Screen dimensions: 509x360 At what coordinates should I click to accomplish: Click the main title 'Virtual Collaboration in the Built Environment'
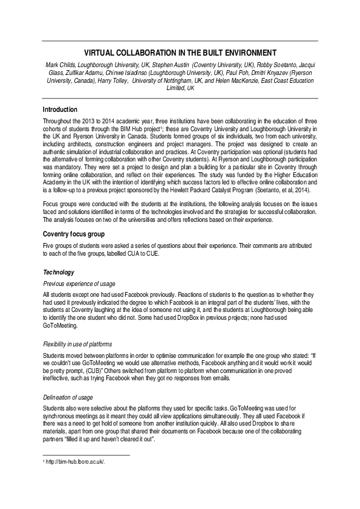point(180,53)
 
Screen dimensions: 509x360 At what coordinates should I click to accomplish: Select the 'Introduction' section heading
point(60,110)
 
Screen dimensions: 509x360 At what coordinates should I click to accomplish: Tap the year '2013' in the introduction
point(80,121)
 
